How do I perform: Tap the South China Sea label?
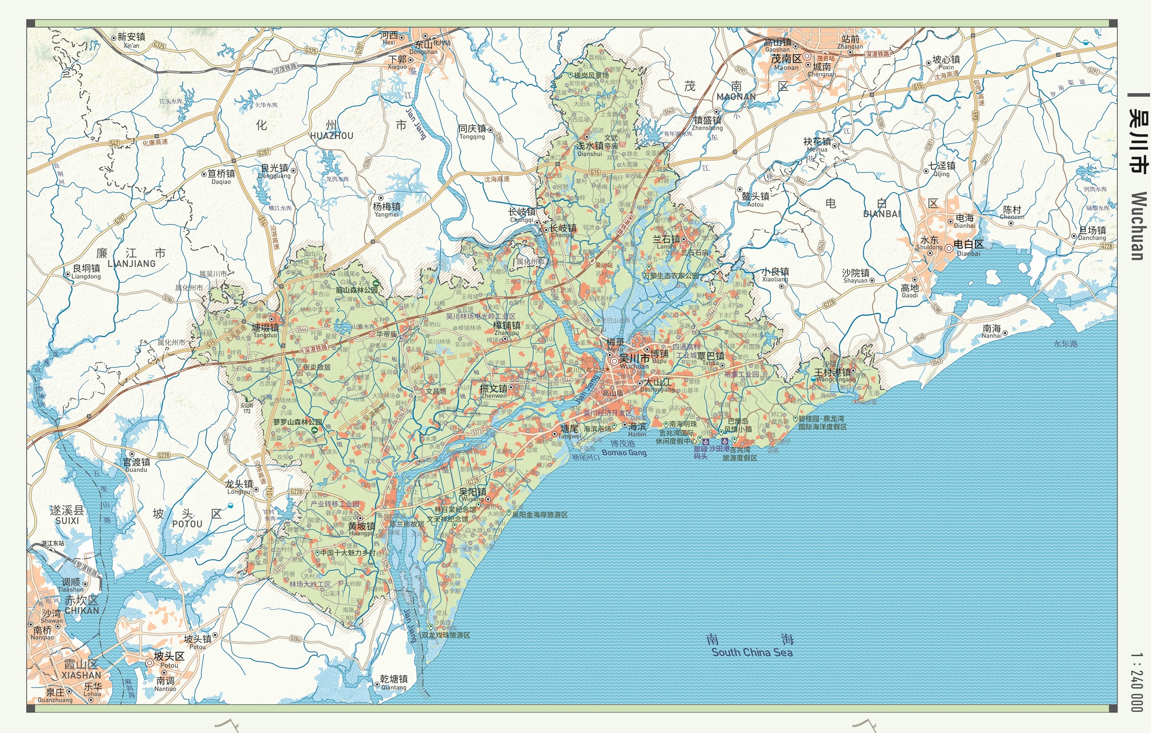tap(752, 652)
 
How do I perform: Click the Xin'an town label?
tap(131, 46)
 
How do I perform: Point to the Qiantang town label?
tap(393, 688)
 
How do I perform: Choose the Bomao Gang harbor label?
tap(624, 452)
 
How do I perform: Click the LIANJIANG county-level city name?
tap(132, 263)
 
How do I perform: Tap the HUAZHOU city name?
tap(331, 136)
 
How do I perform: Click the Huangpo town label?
tap(361, 533)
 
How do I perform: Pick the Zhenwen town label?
tap(493, 396)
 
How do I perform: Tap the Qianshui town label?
tap(589, 154)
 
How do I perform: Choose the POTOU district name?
tap(187, 524)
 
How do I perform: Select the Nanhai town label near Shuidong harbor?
tap(991, 336)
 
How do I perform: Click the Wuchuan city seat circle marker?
tap(614, 361)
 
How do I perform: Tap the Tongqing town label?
tap(472, 137)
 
